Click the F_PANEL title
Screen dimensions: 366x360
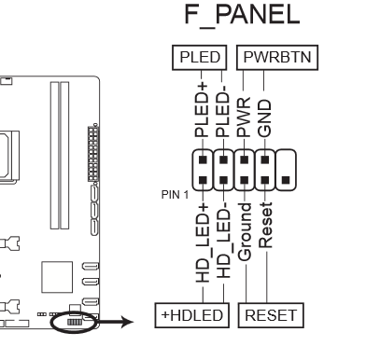pos(242,15)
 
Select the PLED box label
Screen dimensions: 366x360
pos(200,58)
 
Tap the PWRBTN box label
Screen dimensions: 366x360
pos(277,58)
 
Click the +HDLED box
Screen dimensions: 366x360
pos(192,315)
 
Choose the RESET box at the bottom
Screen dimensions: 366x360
pos(271,315)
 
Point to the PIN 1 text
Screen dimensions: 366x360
pos(175,195)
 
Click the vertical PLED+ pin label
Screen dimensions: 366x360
pos(202,109)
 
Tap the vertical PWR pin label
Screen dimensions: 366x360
pos(244,117)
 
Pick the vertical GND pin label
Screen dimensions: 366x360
pos(264,118)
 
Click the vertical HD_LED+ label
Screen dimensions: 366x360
pos(203,242)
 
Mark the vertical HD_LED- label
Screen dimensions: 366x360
pos(223,240)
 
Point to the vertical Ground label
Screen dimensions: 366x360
pos(245,232)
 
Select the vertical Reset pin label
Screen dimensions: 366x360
pos(265,225)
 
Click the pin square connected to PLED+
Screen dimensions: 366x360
pos(203,159)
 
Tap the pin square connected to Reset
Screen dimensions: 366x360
pos(265,180)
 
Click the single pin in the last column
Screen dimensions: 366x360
pos(286,180)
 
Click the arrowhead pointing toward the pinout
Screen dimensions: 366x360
pos(127,322)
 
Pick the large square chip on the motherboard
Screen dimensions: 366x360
pos(57,277)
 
